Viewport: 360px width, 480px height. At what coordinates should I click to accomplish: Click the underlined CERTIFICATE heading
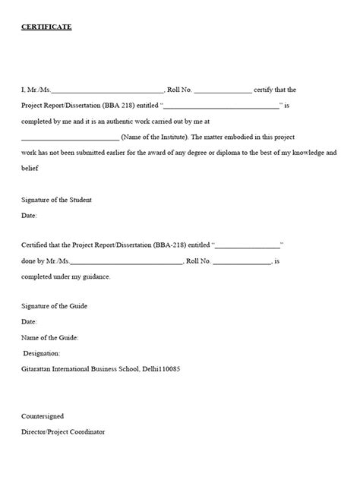point(46,27)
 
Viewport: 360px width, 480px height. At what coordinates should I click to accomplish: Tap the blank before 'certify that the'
point(223,90)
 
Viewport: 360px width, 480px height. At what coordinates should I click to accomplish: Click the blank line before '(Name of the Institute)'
point(70,138)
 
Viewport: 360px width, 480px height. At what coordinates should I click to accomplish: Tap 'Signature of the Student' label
point(56,200)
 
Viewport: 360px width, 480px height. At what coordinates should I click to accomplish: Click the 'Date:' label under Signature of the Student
point(29,216)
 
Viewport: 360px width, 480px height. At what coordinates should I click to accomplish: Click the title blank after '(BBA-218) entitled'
point(249,246)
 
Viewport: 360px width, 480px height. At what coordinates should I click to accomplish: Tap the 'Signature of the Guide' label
point(55,306)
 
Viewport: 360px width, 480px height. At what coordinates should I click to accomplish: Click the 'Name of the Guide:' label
point(49,337)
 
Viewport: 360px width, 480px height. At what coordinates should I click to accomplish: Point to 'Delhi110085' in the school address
point(161,369)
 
